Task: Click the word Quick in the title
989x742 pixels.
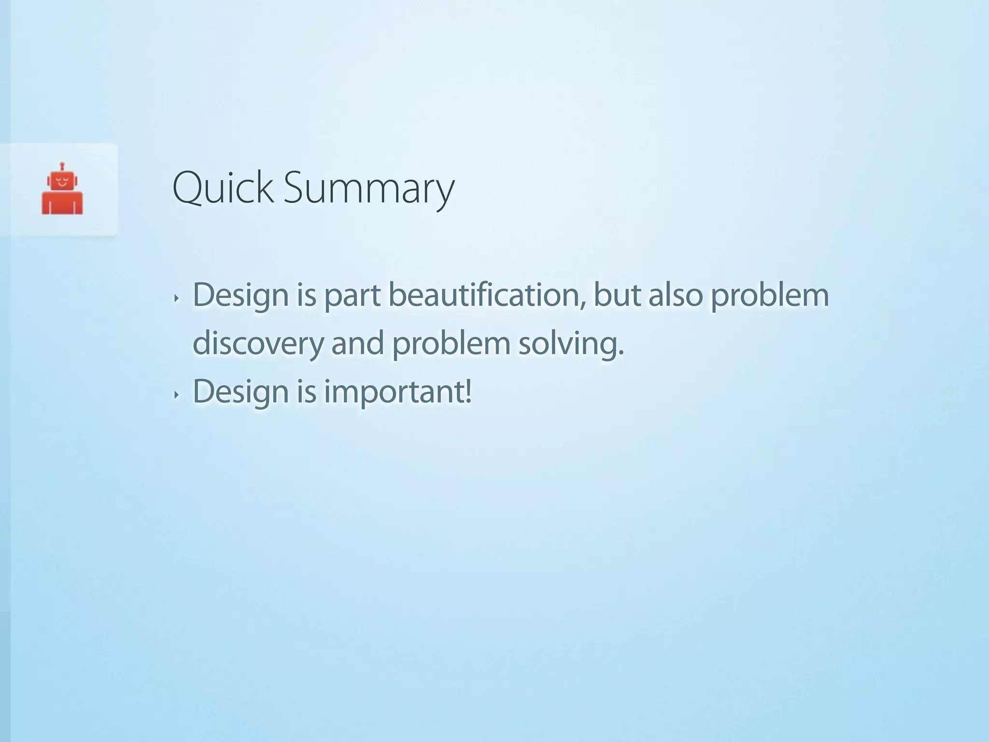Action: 223,188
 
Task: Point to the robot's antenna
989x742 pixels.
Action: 62,166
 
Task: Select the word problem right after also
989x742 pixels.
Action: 770,296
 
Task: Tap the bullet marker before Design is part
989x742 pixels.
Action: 176,299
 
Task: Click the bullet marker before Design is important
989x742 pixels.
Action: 176,395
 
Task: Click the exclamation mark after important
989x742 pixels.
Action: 467,391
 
